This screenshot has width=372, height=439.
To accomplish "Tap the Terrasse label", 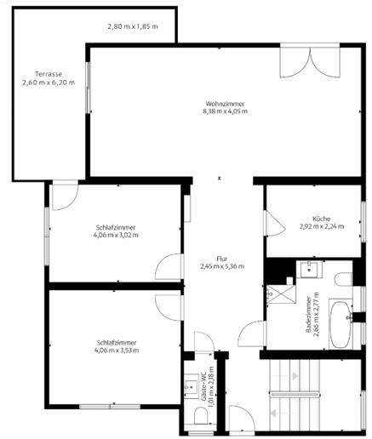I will [49, 74].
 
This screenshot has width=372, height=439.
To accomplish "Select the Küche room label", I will [321, 218].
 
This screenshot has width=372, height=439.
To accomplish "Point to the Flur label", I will [221, 258].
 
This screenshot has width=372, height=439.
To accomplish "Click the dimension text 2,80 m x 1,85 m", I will [134, 26].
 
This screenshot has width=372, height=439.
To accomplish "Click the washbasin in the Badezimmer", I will [311, 271].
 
